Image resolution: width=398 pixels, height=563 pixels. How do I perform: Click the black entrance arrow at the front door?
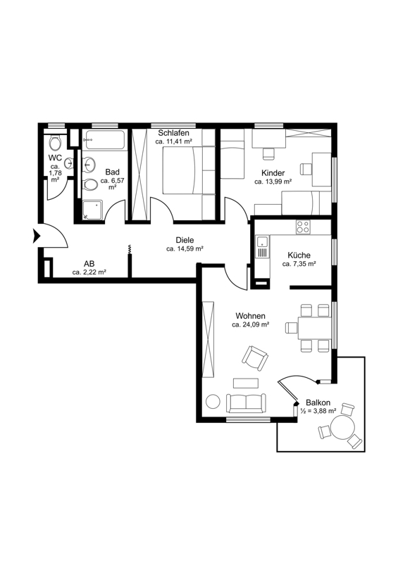coord(37,236)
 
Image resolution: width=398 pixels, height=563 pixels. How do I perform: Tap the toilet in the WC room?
coord(55,143)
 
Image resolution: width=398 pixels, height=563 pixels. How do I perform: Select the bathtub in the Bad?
coord(104,140)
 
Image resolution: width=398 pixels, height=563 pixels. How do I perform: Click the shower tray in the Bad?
coord(93,210)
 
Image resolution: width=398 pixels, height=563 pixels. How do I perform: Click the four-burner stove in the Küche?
coord(303,227)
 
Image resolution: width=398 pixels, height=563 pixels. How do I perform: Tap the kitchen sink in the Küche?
coord(262,247)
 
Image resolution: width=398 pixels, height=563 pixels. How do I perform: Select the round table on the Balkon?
coord(342,427)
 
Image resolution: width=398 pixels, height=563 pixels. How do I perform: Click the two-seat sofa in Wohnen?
coord(246,403)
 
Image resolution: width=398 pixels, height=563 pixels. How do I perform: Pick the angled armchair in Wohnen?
coord(255,358)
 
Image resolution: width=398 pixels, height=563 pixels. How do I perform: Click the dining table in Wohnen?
coord(314,328)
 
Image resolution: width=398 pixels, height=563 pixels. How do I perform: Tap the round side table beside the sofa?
coord(213,401)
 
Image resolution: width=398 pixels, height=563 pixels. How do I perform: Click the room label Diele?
coord(185,240)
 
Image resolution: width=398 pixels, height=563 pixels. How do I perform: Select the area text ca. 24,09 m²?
coord(251,324)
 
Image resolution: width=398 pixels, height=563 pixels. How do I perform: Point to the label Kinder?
coord(273,173)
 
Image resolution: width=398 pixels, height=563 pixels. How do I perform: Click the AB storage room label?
coord(89,265)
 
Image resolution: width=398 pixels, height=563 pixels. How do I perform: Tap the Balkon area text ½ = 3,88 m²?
coord(318,411)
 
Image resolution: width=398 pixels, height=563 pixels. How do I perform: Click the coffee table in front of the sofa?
coord(246,383)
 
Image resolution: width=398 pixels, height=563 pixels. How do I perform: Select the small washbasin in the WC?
coord(68,163)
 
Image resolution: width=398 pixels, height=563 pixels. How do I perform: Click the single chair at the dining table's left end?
coord(292,327)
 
